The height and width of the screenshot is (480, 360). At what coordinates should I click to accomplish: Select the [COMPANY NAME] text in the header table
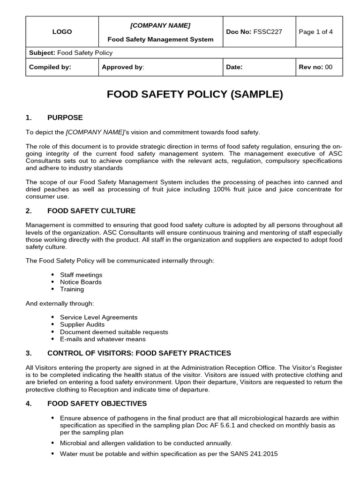click(x=160, y=25)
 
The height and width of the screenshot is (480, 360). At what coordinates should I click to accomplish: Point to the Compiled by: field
click(x=50, y=67)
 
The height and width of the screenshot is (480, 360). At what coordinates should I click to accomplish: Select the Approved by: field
click(x=123, y=67)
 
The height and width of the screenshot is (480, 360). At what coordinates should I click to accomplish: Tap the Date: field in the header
click(x=234, y=67)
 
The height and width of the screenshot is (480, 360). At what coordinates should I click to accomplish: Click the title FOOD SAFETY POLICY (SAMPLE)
click(x=195, y=94)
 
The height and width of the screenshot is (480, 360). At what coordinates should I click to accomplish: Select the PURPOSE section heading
click(x=65, y=117)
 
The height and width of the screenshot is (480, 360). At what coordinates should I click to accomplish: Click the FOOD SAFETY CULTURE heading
click(x=91, y=211)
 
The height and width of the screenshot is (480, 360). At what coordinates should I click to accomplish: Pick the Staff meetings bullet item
click(x=81, y=275)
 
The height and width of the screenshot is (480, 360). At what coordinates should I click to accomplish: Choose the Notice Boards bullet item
click(x=81, y=282)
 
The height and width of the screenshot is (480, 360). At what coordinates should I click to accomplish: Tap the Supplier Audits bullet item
click(x=82, y=324)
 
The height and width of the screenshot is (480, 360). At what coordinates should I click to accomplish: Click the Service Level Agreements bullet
click(x=98, y=317)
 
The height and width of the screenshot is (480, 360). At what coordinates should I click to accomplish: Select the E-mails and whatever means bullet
click(x=103, y=339)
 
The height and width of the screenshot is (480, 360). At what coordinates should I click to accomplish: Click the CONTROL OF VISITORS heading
click(x=139, y=353)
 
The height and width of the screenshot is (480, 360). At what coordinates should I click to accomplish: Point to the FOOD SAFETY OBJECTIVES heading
click(x=97, y=403)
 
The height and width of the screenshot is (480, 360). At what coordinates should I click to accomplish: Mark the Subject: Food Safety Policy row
click(x=71, y=53)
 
